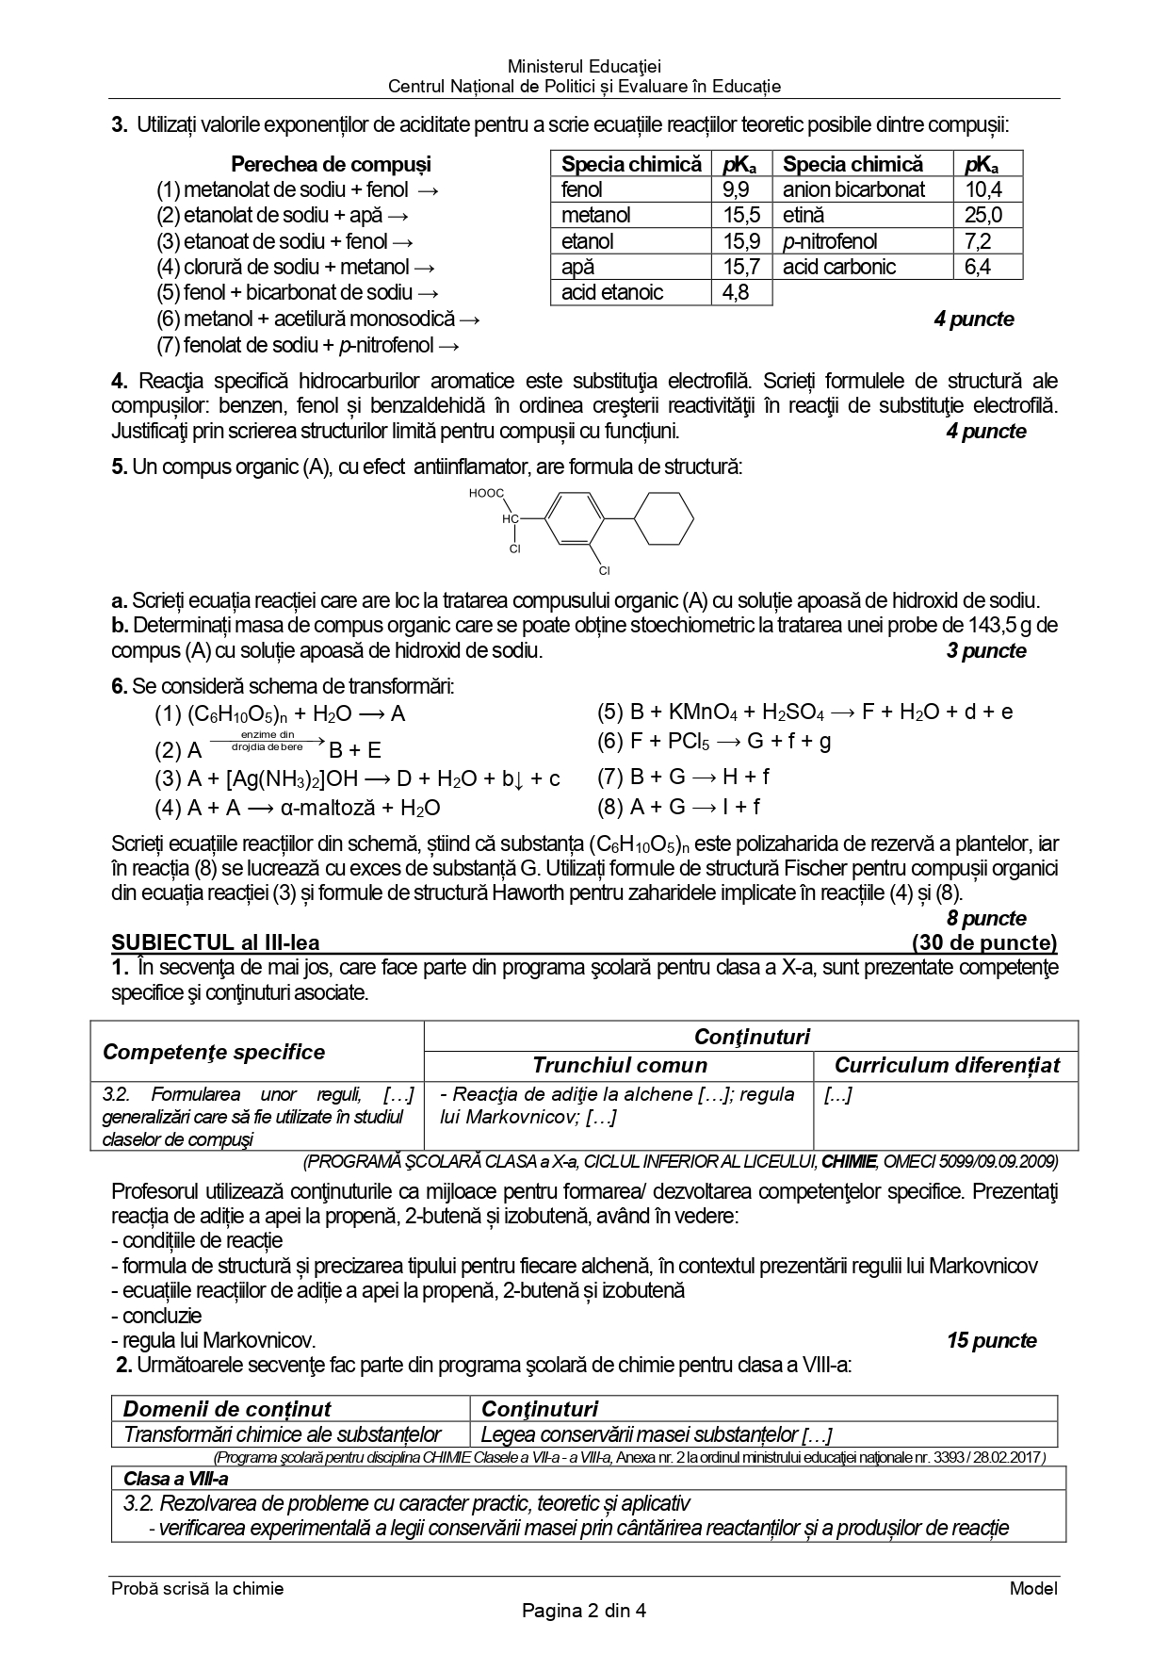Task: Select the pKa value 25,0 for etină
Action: click(x=983, y=215)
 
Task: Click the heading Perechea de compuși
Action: click(x=331, y=164)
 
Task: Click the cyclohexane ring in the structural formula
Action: click(x=664, y=518)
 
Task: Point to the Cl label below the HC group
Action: click(x=515, y=549)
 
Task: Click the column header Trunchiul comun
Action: click(x=619, y=1065)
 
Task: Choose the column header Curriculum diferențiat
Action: click(x=947, y=1065)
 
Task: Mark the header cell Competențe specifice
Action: click(x=214, y=1052)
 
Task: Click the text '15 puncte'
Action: click(x=991, y=1340)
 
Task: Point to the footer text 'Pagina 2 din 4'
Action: click(x=584, y=1611)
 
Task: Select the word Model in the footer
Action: click(x=1033, y=1589)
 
